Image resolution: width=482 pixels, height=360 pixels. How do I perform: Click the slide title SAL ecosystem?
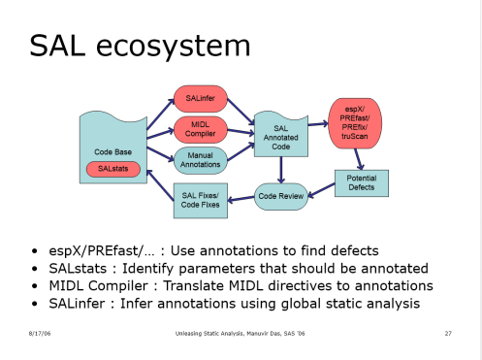pyautogui.click(x=140, y=45)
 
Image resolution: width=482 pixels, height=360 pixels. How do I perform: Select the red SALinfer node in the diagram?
pyautogui.click(x=200, y=98)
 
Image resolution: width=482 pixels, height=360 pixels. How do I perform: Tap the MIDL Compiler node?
pyautogui.click(x=200, y=128)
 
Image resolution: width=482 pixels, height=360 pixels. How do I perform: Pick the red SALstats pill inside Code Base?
pyautogui.click(x=113, y=170)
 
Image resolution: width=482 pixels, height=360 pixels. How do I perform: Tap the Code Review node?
pyautogui.click(x=281, y=196)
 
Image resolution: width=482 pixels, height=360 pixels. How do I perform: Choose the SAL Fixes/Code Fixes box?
pyautogui.click(x=200, y=200)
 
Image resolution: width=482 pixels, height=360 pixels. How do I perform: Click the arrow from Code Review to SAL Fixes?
pyautogui.click(x=241, y=197)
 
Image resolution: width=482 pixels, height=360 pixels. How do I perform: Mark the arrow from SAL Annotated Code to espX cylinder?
pyautogui.click(x=317, y=123)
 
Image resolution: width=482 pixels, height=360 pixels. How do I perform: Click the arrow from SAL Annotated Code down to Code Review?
pyautogui.click(x=280, y=170)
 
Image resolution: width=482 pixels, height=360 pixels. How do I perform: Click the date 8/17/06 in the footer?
pyautogui.click(x=38, y=334)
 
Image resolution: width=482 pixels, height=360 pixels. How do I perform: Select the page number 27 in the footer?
pyautogui.click(x=448, y=334)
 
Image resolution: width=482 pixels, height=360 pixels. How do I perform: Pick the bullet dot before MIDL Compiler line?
pyautogui.click(x=36, y=286)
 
